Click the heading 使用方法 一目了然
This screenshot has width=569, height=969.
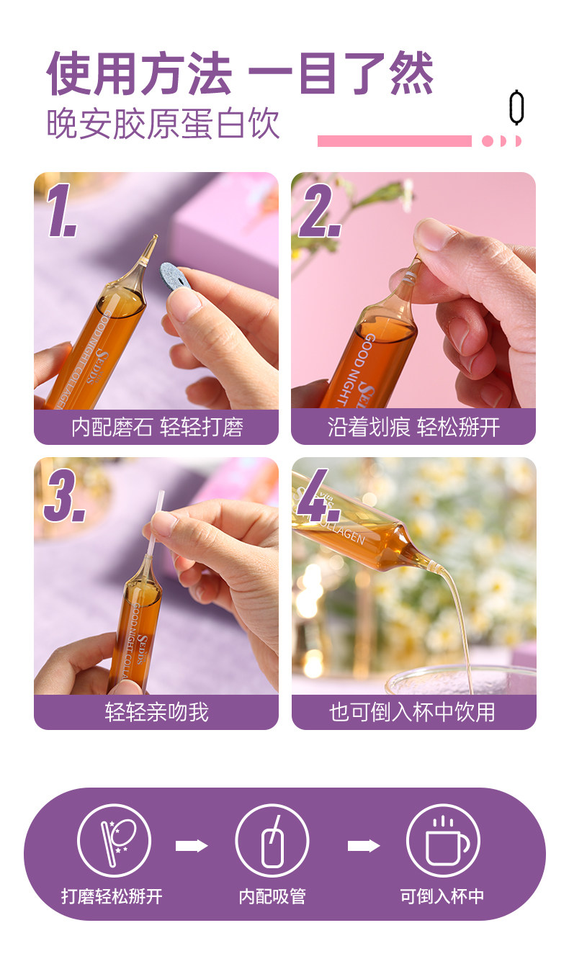coord(240,73)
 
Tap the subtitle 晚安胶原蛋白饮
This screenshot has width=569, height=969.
coord(163,124)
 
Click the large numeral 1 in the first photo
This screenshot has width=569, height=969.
coord(61,210)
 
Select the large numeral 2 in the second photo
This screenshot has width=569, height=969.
coord(320,210)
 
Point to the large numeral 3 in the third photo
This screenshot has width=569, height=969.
coord(64,495)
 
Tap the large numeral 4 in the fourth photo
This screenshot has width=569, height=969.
coord(318,495)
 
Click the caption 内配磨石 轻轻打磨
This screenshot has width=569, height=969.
coord(157,428)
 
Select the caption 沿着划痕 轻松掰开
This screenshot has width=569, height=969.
coord(413,428)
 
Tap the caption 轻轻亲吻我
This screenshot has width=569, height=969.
coord(156,712)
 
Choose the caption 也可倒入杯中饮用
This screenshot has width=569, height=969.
coord(412,712)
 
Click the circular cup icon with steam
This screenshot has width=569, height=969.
coord(443,841)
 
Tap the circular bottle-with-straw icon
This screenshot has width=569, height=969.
coord(272,841)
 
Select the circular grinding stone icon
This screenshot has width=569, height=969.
coord(115,841)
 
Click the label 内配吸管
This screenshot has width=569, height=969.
coord(272,897)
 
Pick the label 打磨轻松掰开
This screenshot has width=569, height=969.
coord(112,897)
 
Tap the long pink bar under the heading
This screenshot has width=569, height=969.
coord(394,141)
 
